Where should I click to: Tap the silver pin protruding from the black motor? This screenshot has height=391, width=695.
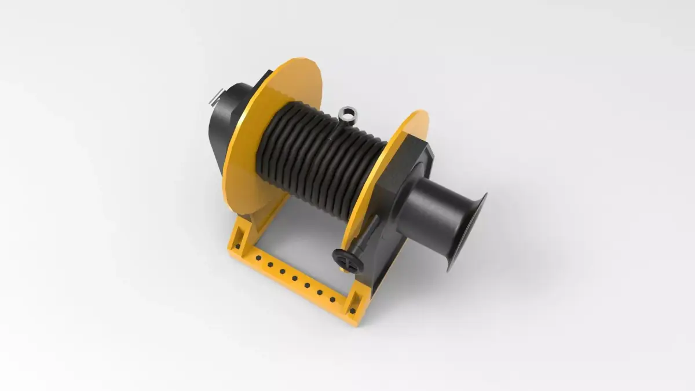click(x=215, y=96)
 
